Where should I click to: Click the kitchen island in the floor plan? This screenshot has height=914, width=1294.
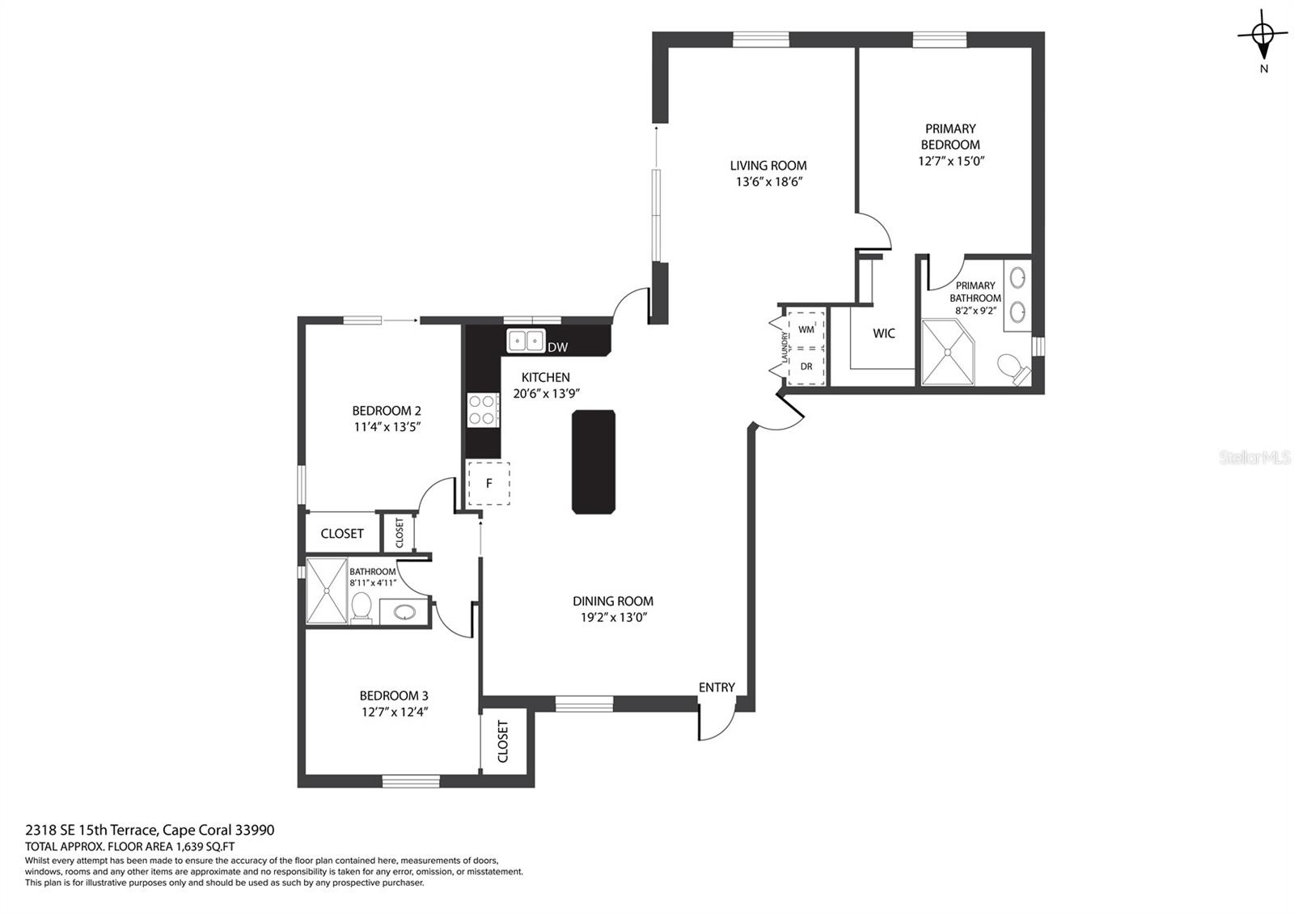[x=594, y=462]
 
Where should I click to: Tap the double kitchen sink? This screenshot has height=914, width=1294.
[x=526, y=341]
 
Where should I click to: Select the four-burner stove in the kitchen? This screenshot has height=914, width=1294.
[x=483, y=410]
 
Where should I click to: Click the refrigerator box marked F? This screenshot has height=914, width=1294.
[x=488, y=484]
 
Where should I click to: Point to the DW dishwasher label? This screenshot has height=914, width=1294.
[x=557, y=347]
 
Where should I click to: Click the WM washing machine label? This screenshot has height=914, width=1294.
[x=806, y=329]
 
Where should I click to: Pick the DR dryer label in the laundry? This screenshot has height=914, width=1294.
[x=806, y=366]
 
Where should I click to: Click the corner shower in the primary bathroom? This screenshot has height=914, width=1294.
[x=947, y=352]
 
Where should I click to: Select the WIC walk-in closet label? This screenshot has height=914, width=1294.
[x=884, y=333]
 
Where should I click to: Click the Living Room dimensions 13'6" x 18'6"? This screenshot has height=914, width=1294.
[x=769, y=182]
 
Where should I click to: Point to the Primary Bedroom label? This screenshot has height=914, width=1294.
[x=950, y=137]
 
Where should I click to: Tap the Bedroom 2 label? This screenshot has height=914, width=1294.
[x=387, y=411]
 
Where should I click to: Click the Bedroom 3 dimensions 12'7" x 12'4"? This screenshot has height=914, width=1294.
[x=395, y=712]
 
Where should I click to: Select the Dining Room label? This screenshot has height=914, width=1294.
[x=613, y=601]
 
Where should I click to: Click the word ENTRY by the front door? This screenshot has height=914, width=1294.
[x=717, y=688]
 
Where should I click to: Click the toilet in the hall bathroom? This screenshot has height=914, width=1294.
[x=362, y=607]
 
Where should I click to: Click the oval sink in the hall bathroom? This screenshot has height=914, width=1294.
[x=403, y=611]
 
